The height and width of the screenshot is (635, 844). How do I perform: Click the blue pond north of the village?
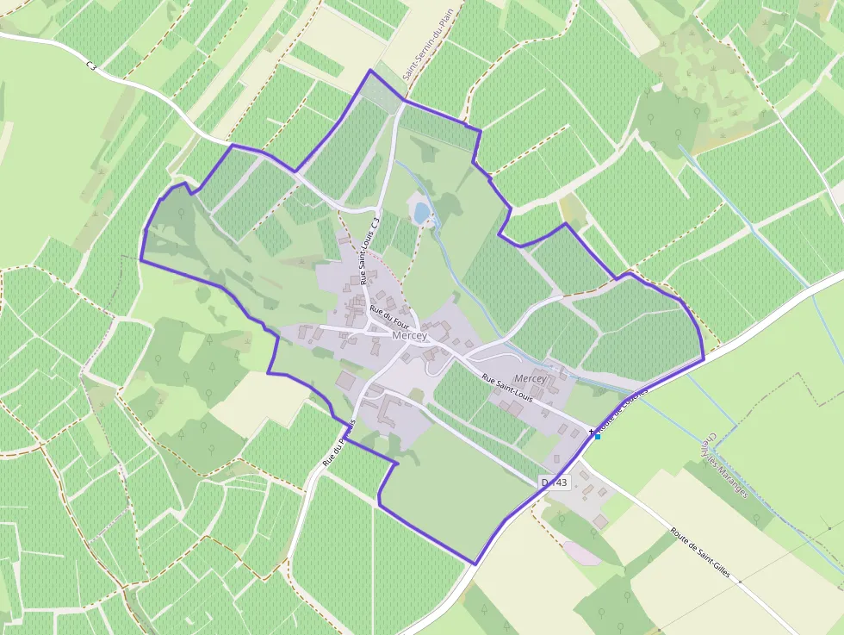[421, 212]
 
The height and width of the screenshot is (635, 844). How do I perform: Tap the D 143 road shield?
[555, 482]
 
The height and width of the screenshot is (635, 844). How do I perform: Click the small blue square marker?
[598, 436]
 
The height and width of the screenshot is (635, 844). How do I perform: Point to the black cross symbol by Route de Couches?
[591, 430]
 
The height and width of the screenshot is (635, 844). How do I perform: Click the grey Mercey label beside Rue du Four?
[409, 336]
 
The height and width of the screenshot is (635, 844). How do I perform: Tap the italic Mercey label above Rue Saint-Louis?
[531, 379]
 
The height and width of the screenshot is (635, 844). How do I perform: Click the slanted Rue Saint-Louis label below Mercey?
[507, 389]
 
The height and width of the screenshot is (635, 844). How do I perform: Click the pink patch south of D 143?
[582, 553]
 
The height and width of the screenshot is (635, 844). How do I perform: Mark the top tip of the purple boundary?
[371, 70]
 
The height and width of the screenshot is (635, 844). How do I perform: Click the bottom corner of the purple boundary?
[475, 564]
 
